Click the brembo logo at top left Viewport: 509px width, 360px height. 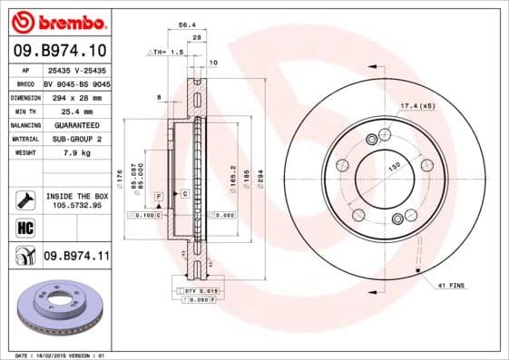pos(59,21)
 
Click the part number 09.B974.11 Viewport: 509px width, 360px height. pos(76,258)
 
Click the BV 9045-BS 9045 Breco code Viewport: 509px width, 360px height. pos(76,82)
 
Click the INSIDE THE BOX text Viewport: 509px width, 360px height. pos(76,196)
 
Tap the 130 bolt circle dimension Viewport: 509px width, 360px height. pos(395,168)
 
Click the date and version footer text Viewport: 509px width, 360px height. pos(56,355)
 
